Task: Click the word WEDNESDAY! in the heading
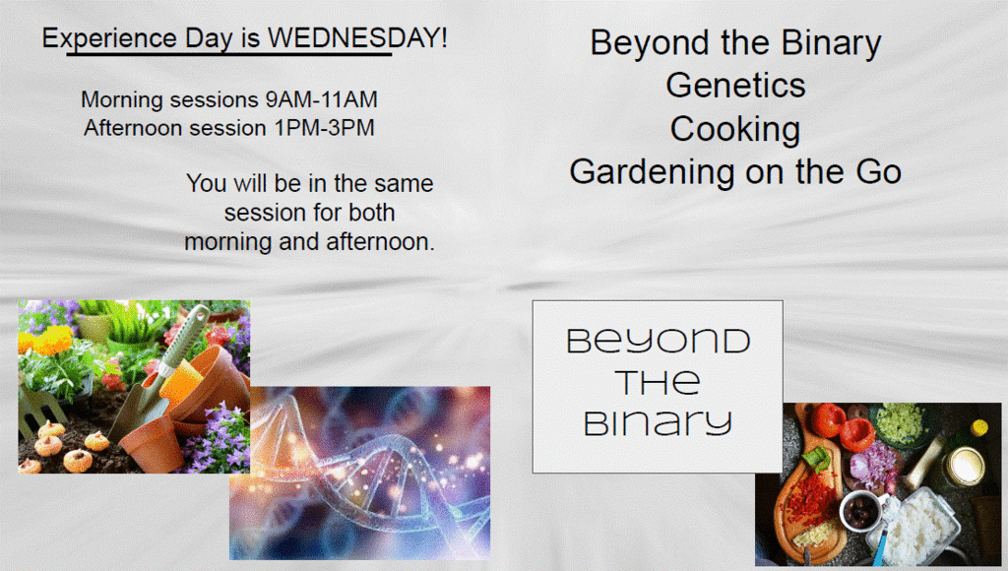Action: (x=356, y=38)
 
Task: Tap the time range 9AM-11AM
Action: (x=322, y=99)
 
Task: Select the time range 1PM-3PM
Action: (x=325, y=128)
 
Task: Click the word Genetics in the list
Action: (x=735, y=86)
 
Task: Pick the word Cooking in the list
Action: (x=735, y=130)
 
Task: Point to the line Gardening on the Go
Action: (x=735, y=172)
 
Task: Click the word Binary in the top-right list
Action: (x=831, y=44)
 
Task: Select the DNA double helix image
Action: (x=360, y=473)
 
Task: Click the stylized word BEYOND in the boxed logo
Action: (x=659, y=341)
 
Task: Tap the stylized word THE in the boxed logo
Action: (x=657, y=382)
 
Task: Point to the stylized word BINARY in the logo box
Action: (x=658, y=423)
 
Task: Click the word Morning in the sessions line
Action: (x=122, y=100)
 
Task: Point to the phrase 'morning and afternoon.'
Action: (x=310, y=242)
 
